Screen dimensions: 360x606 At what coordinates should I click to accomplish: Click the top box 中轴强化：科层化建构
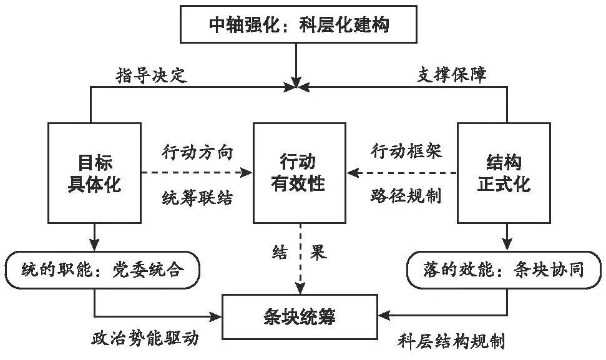point(298,26)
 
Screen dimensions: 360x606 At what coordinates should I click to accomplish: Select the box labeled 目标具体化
point(95,173)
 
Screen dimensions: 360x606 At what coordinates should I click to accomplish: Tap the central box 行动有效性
point(299,173)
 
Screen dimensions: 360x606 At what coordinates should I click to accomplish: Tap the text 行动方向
point(197,151)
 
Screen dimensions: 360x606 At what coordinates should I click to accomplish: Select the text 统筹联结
point(197,198)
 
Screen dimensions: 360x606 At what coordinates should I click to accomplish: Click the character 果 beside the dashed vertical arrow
point(320,253)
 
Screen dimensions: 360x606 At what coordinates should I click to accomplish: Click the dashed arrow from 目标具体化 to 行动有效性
point(197,173)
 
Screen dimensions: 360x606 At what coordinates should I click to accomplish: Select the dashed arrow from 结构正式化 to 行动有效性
point(403,173)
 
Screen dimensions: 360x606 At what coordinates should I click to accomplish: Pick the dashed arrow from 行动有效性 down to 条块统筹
point(299,262)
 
